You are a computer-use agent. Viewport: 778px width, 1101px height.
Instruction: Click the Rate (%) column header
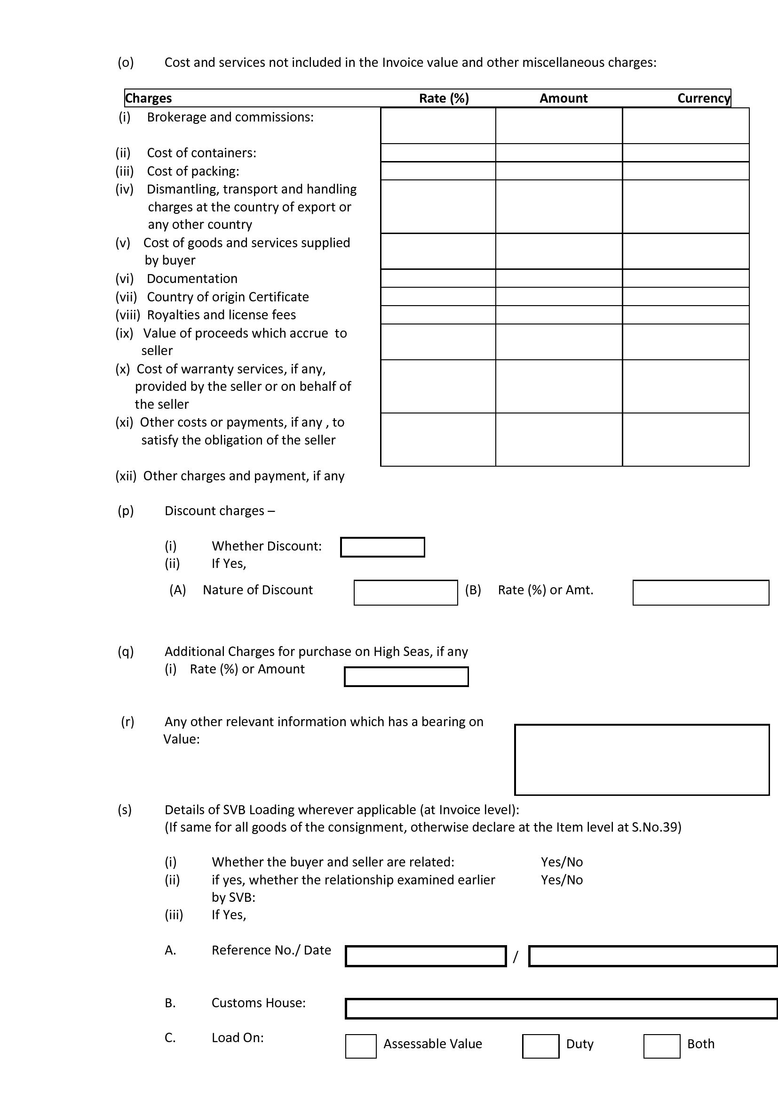(x=444, y=98)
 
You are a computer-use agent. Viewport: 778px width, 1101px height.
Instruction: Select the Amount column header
(x=564, y=98)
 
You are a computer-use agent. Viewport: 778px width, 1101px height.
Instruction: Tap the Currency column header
(x=703, y=98)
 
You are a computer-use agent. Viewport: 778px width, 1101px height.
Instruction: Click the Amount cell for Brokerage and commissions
(x=559, y=126)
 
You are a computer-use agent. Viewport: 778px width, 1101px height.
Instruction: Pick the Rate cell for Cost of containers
(x=438, y=153)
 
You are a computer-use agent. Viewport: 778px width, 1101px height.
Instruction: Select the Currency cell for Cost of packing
(x=685, y=171)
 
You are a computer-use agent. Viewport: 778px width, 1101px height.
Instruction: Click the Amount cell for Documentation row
(x=559, y=278)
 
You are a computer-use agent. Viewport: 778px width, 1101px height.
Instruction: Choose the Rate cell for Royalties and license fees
(x=438, y=315)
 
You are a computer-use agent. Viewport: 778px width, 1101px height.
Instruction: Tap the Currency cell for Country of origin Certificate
(x=685, y=296)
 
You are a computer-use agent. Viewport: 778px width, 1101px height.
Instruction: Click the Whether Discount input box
(x=382, y=547)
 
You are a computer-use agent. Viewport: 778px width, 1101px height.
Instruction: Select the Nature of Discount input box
(x=405, y=593)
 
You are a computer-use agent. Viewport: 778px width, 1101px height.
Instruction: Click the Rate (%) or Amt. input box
(x=700, y=593)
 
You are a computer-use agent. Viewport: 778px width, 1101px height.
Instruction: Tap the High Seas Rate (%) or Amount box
(x=406, y=677)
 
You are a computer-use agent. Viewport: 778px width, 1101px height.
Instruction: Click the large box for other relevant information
(x=642, y=760)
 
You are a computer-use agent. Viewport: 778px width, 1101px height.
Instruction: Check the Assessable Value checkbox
(x=361, y=1046)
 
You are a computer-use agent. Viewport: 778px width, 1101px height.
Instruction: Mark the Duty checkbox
(x=540, y=1046)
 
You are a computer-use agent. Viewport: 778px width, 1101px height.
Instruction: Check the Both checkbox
(x=662, y=1046)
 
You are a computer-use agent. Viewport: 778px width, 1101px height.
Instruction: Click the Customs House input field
(x=561, y=1008)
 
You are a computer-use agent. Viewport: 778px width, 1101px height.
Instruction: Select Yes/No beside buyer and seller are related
(x=562, y=862)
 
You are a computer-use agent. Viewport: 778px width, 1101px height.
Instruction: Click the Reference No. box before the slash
(x=425, y=956)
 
